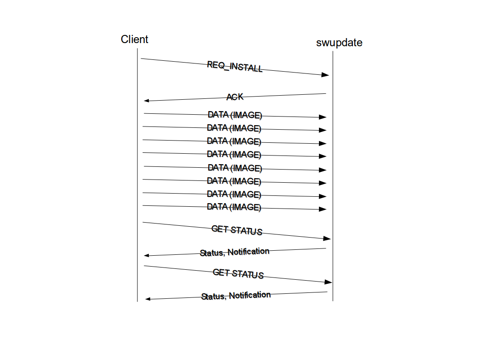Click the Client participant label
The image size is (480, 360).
[x=134, y=39]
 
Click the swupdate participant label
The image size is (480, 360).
[x=339, y=43]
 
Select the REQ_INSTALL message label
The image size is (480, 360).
[x=235, y=67]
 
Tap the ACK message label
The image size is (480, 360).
[x=235, y=97]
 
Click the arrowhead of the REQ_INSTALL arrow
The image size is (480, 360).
[x=325, y=75]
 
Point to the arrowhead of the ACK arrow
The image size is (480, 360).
[x=147, y=101]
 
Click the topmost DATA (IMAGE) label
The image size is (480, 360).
[x=235, y=115]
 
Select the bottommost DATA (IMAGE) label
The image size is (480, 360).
[x=234, y=207]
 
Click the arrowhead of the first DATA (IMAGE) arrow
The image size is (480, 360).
[x=323, y=117]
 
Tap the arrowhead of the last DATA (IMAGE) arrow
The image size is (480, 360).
[x=323, y=209]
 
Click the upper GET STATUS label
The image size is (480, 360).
[x=237, y=230]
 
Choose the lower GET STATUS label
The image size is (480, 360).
[x=238, y=273]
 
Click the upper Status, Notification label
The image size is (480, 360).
[x=235, y=252]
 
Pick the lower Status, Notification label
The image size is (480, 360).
[x=236, y=296]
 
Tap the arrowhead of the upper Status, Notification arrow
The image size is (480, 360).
[x=147, y=256]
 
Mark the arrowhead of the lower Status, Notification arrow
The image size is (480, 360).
[x=148, y=299]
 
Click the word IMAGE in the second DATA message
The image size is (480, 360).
[x=247, y=128]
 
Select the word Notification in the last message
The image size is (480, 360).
[x=250, y=295]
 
